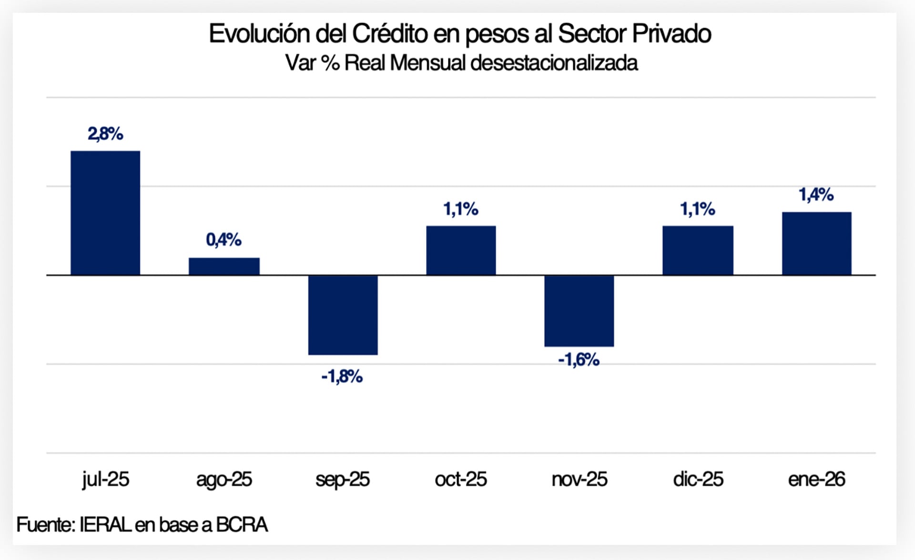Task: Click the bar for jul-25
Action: click(x=105, y=213)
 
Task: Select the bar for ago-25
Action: click(x=224, y=266)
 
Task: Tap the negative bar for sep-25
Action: click(x=343, y=315)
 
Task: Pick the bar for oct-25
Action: click(x=461, y=250)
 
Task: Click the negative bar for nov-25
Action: click(x=579, y=311)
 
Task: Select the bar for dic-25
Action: click(x=698, y=250)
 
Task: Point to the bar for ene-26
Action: click(x=816, y=244)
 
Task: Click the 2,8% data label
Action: click(x=105, y=134)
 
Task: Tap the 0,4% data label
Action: click(x=224, y=240)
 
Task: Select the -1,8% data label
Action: click(x=342, y=377)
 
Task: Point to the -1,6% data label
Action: click(x=579, y=360)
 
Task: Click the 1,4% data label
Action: click(x=816, y=195)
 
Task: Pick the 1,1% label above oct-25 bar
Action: click(x=461, y=209)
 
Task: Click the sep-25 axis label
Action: click(x=342, y=479)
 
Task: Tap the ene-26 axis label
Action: click(x=816, y=479)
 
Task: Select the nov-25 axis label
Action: click(x=579, y=479)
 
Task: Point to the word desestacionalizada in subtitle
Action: click(x=554, y=63)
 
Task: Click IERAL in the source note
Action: click(x=105, y=525)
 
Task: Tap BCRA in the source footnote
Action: click(x=242, y=525)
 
